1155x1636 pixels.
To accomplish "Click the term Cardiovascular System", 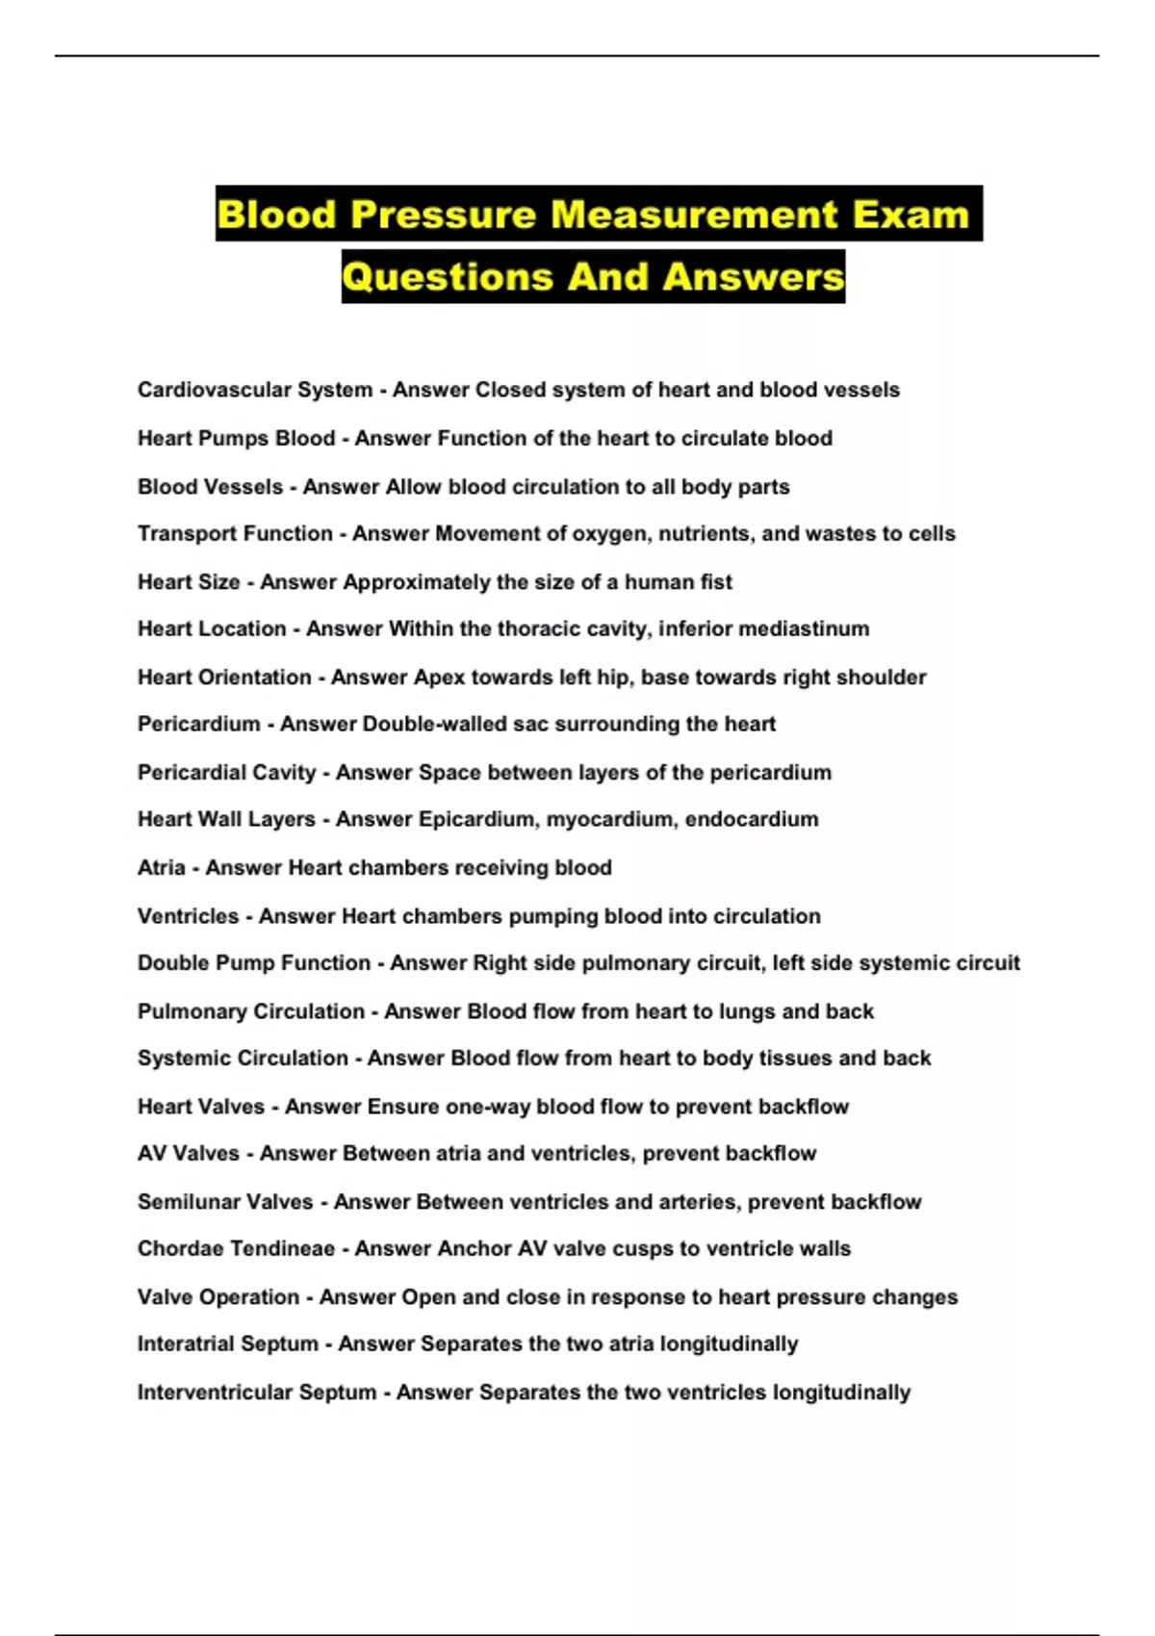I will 254,390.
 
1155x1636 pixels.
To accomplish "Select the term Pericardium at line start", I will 198,724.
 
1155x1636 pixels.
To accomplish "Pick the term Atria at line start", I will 161,868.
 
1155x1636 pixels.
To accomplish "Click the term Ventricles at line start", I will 188,916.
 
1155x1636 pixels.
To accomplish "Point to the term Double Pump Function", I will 253,963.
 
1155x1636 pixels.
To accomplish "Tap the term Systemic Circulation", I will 243,1059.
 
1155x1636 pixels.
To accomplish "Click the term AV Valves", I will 188,1154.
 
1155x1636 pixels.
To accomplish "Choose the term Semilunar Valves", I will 225,1202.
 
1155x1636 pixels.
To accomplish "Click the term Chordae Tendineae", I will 236,1249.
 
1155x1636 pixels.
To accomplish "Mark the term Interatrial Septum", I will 227,1344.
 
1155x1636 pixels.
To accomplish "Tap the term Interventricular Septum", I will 256,1393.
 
